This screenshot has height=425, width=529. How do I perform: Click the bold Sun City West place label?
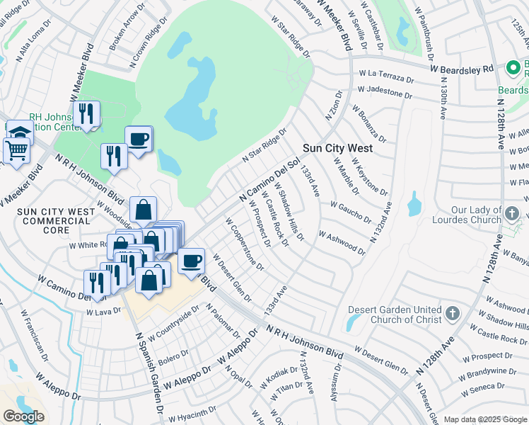(x=337, y=149)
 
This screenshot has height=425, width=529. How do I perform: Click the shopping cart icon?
(x=16, y=149)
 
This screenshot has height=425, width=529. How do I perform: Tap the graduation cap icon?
(x=20, y=132)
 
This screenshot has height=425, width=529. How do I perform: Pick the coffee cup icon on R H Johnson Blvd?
(x=191, y=261)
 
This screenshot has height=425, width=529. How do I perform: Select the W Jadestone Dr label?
(x=384, y=91)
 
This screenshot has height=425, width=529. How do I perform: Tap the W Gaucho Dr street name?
(x=349, y=210)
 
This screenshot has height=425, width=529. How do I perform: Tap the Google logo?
(x=23, y=416)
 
